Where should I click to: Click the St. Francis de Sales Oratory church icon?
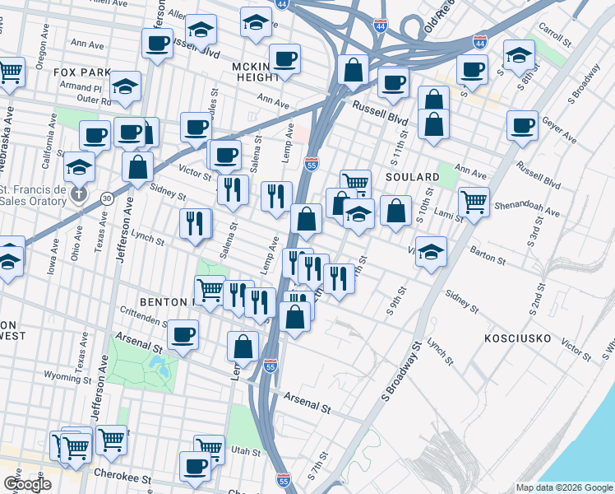(78, 194)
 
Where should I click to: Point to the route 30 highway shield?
(107, 198)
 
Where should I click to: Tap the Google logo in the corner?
(27, 484)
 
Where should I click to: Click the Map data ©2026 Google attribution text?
(564, 487)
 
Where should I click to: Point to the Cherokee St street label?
(123, 478)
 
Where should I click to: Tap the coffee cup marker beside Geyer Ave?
(522, 125)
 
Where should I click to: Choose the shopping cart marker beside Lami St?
(474, 201)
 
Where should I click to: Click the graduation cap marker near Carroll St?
(519, 55)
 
